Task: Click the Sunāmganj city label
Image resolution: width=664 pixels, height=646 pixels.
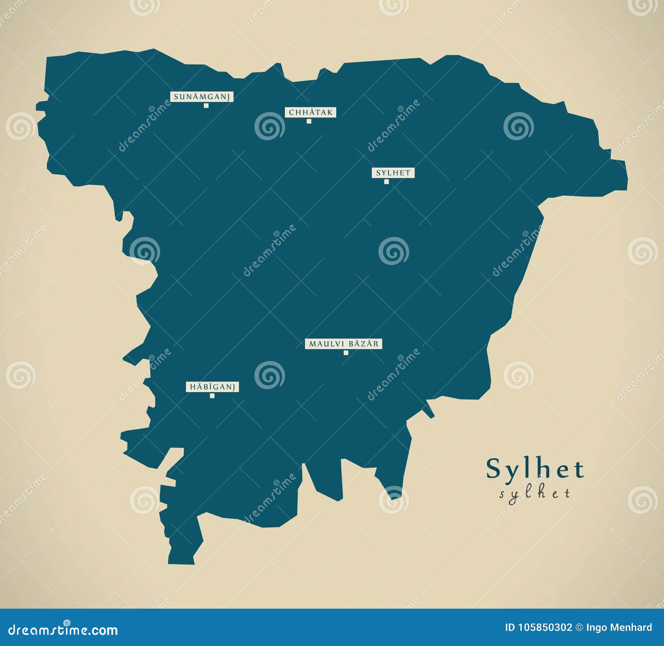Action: (202, 97)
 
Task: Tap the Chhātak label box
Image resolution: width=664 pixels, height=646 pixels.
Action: (310, 112)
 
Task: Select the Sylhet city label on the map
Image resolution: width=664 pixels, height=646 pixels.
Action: (393, 173)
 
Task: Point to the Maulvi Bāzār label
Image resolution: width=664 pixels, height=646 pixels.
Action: (343, 344)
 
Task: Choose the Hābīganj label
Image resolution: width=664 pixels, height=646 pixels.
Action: (212, 387)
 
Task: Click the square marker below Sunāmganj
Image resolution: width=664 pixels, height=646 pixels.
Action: (206, 105)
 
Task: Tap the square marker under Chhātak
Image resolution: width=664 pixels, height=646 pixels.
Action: (309, 121)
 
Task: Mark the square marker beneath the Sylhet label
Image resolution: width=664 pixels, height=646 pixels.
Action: (386, 182)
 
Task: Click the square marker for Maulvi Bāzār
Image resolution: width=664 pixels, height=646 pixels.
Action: (346, 353)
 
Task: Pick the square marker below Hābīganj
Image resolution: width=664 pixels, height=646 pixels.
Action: (212, 396)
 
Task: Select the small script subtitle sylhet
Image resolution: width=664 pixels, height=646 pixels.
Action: (535, 493)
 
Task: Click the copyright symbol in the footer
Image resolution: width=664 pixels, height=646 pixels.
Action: (579, 627)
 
